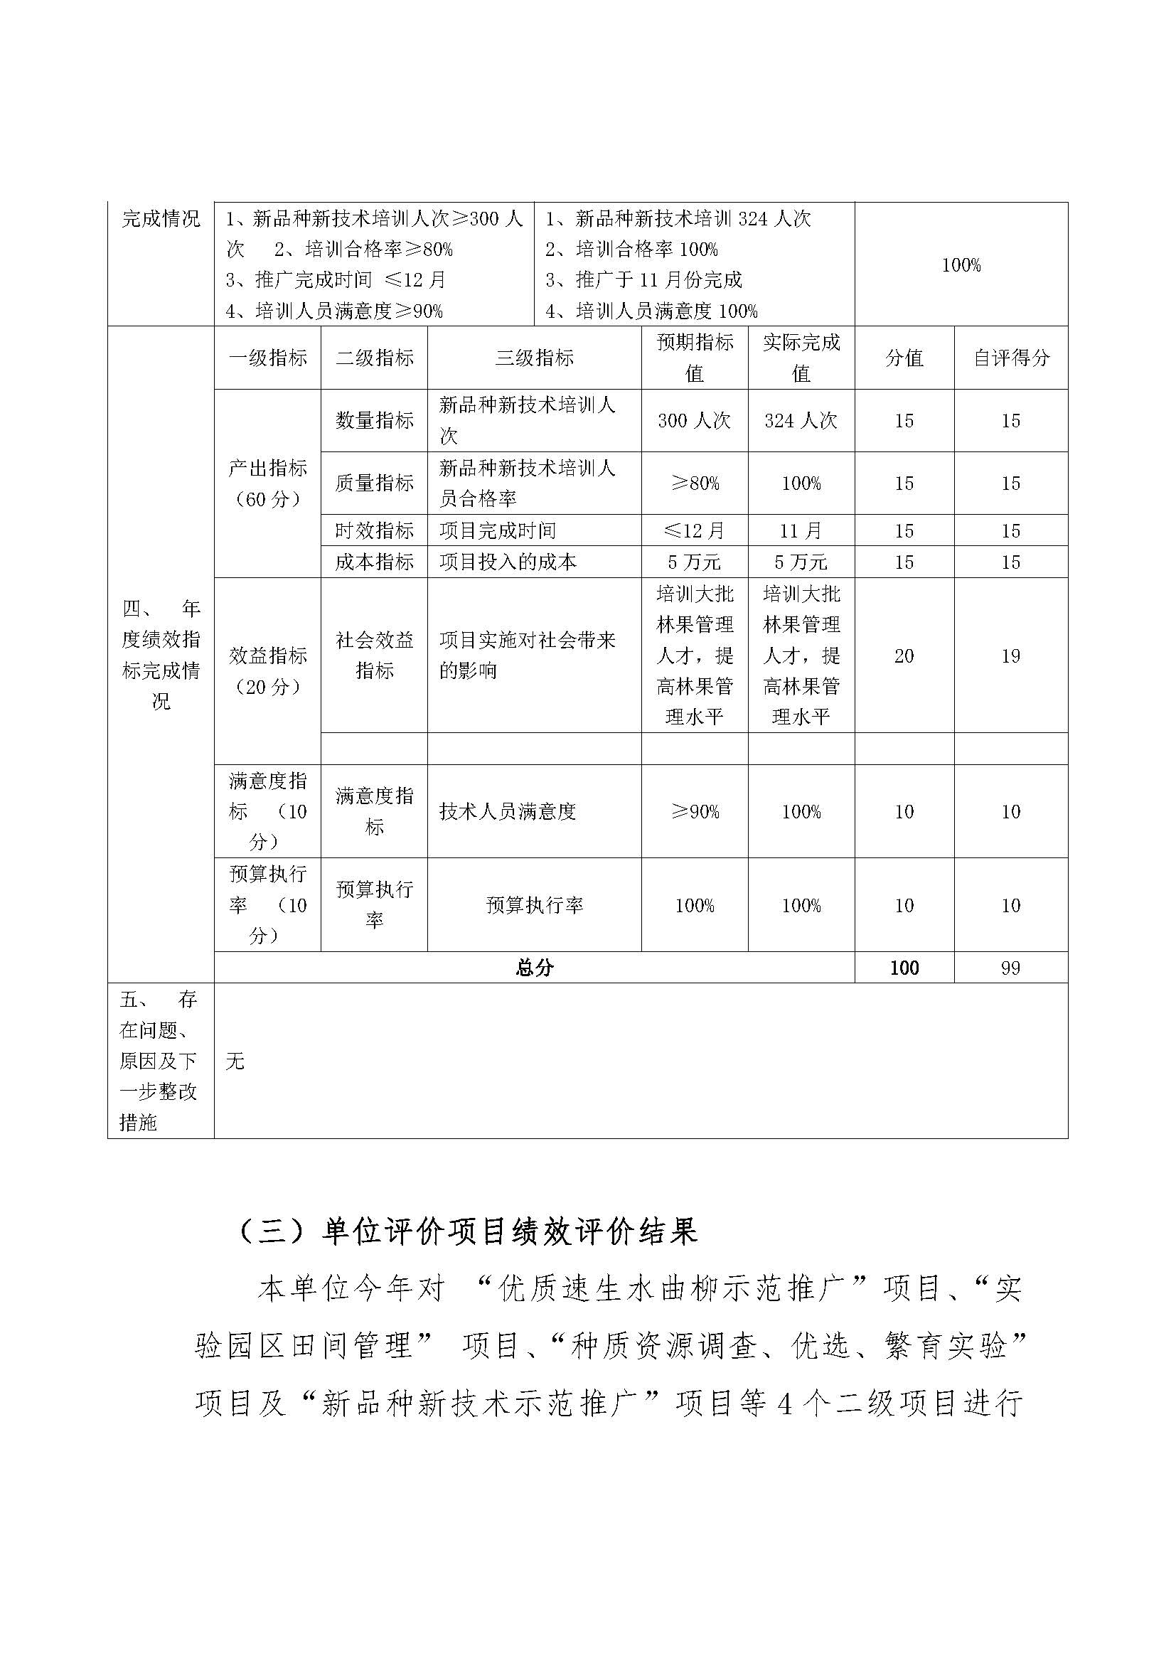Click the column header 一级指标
[x=268, y=358]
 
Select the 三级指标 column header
[x=535, y=358]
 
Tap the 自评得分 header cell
[x=1011, y=358]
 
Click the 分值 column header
[x=904, y=358]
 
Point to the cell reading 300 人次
[x=695, y=421]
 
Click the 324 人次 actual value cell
[x=801, y=421]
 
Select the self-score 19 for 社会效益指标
[x=1011, y=656]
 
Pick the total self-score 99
[x=1011, y=968]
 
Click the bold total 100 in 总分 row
[x=904, y=968]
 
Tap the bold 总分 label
[x=535, y=968]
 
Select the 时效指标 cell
[x=375, y=531]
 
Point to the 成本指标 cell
[x=375, y=562]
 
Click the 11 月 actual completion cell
[x=801, y=531]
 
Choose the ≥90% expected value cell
[x=695, y=812]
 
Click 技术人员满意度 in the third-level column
[x=508, y=812]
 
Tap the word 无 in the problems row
[x=235, y=1062]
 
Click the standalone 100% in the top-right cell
[x=961, y=265]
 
